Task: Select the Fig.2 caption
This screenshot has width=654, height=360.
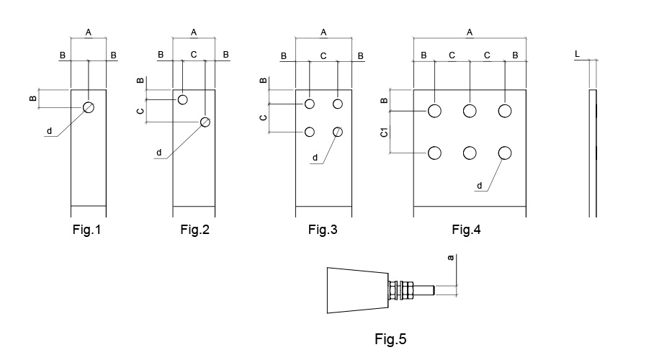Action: click(194, 230)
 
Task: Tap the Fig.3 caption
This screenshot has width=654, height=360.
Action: click(323, 230)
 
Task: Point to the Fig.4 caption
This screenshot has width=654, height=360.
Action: click(466, 230)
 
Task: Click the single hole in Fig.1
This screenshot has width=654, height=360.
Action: click(89, 107)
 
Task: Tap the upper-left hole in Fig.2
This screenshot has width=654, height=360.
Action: click(183, 99)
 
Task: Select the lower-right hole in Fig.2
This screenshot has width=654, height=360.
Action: click(205, 122)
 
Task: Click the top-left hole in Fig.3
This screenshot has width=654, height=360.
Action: click(310, 104)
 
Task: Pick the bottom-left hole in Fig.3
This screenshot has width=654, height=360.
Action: click(310, 132)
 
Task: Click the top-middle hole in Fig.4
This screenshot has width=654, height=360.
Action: click(470, 110)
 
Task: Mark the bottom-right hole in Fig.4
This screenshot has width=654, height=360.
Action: click(504, 153)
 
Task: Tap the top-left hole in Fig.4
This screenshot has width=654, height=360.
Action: click(434, 110)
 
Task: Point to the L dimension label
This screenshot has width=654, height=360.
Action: click(578, 54)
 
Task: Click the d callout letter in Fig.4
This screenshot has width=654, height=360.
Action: click(480, 186)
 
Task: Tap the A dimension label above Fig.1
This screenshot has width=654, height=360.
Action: click(89, 32)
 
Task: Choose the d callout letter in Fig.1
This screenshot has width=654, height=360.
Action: click(49, 131)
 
